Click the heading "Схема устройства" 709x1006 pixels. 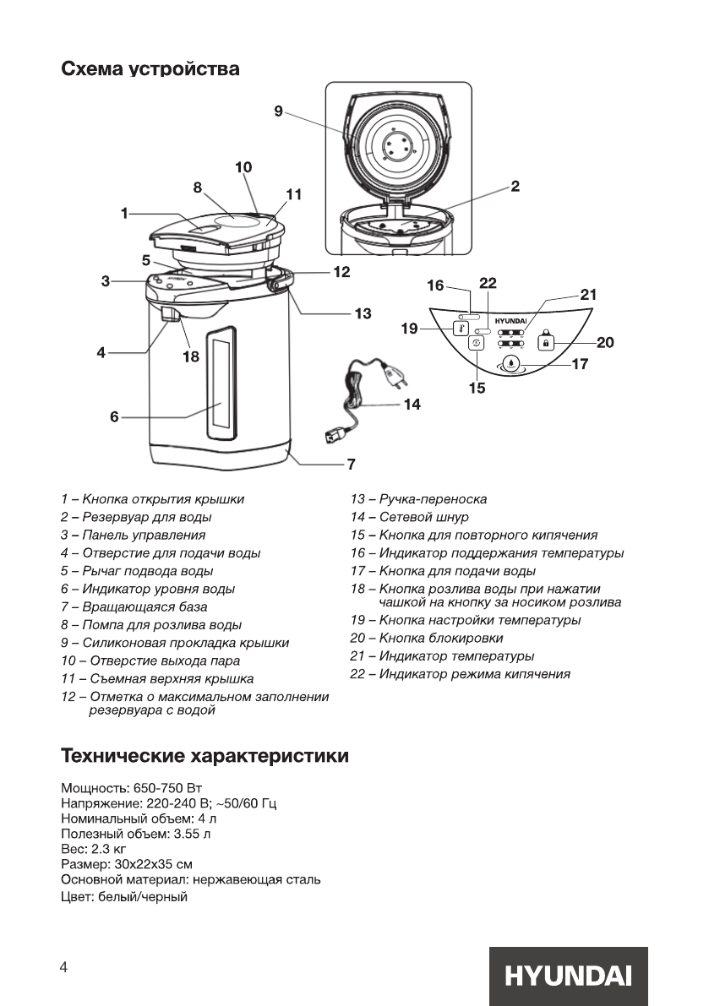point(150,69)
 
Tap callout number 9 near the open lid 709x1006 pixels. point(278,111)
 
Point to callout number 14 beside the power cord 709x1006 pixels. point(412,405)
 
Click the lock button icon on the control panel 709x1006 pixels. point(546,343)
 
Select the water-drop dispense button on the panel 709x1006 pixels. point(511,365)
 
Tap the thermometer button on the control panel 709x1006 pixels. point(461,328)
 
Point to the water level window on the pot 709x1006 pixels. point(222,378)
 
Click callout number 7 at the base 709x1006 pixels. point(350,464)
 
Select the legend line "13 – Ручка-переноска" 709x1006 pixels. point(418,499)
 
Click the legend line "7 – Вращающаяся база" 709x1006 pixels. point(134,606)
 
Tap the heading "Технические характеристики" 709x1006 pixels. point(205,754)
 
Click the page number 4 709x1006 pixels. point(63,968)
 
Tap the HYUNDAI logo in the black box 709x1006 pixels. point(568,976)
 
